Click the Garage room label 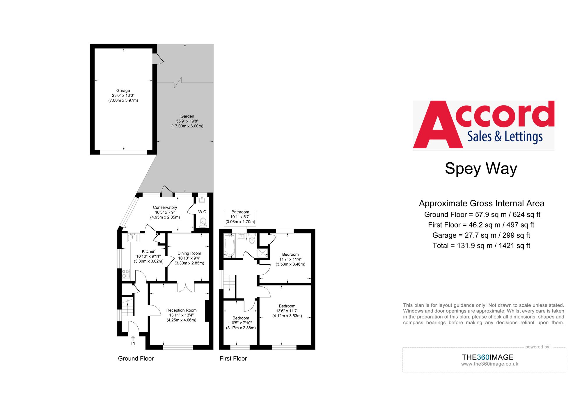point(123,91)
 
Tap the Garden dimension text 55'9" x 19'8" point(187,121)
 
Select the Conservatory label point(165,207)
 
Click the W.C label point(202,212)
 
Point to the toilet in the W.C point(203,223)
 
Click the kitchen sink point(132,237)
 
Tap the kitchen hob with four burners point(126,274)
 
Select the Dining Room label point(189,253)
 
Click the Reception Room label point(181,310)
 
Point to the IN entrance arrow point(133,339)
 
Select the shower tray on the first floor point(263,253)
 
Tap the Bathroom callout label point(240,217)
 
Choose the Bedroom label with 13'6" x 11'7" point(287,306)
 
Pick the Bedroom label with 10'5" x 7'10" point(241,318)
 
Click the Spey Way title point(481,168)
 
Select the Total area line point(481,246)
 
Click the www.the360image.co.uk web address point(489,364)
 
